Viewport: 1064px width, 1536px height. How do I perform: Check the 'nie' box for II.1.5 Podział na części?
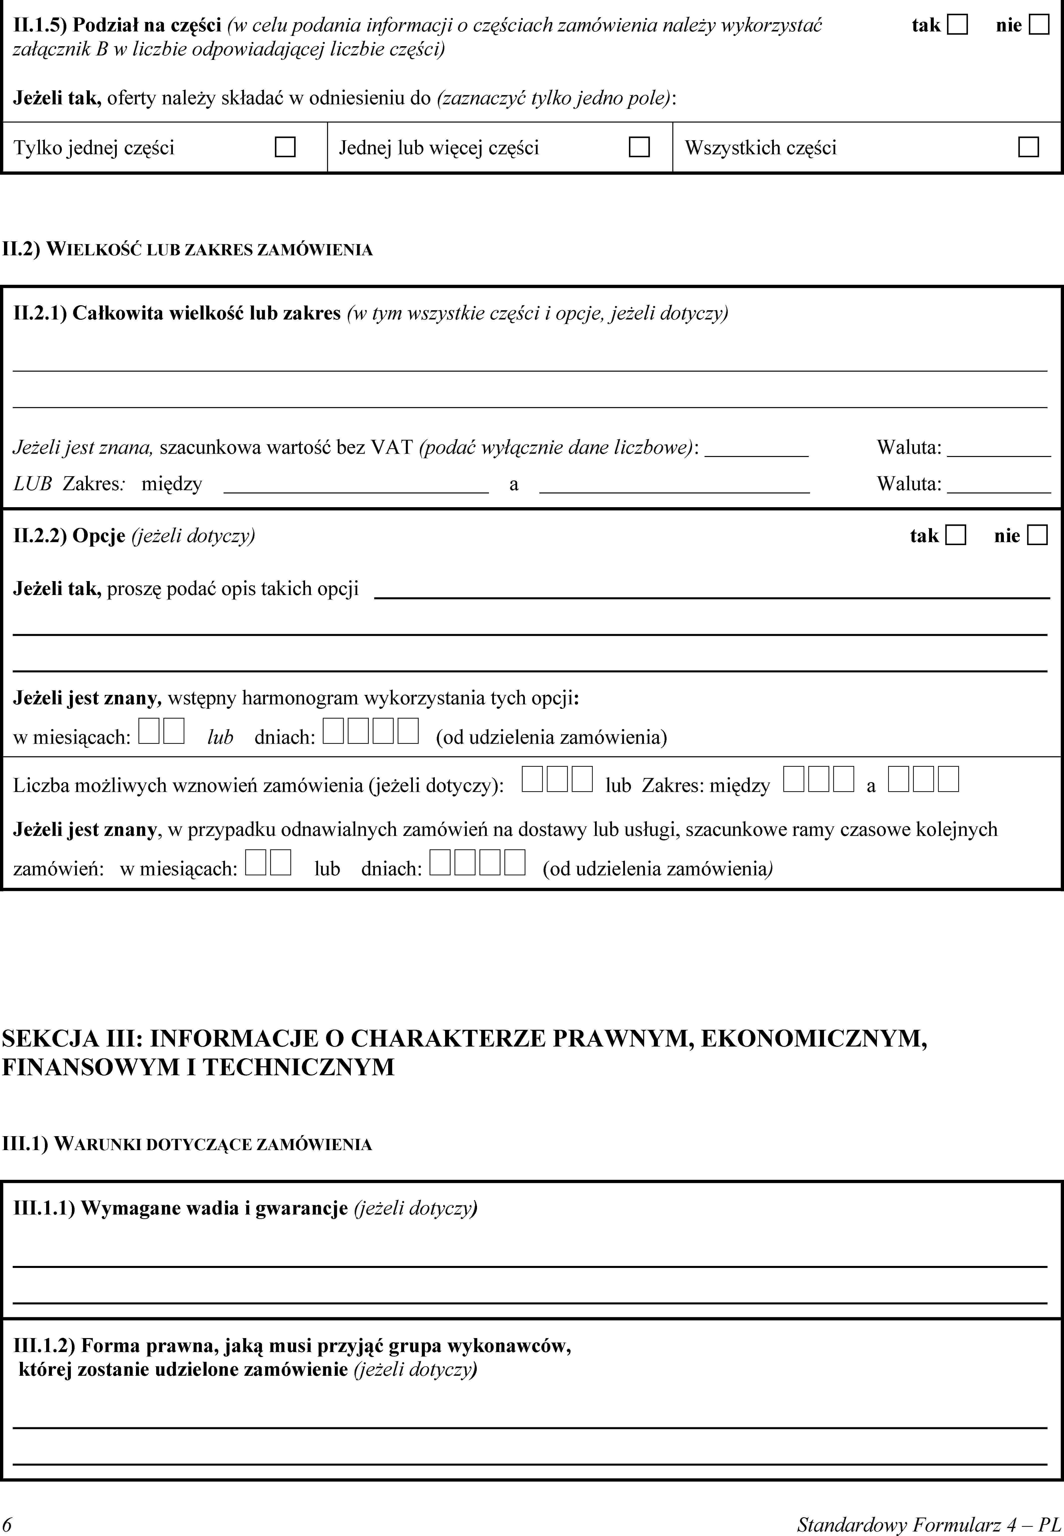coord(1039,25)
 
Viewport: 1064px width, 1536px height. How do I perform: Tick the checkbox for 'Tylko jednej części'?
coord(285,147)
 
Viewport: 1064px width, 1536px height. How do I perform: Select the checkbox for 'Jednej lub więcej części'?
coord(639,147)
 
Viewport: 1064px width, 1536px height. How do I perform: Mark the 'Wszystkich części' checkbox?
coord(1028,147)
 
